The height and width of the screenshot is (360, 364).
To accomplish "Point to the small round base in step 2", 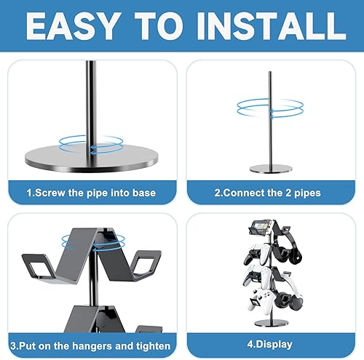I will click(x=272, y=169).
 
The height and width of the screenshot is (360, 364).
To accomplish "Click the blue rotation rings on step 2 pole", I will click(x=272, y=109).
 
